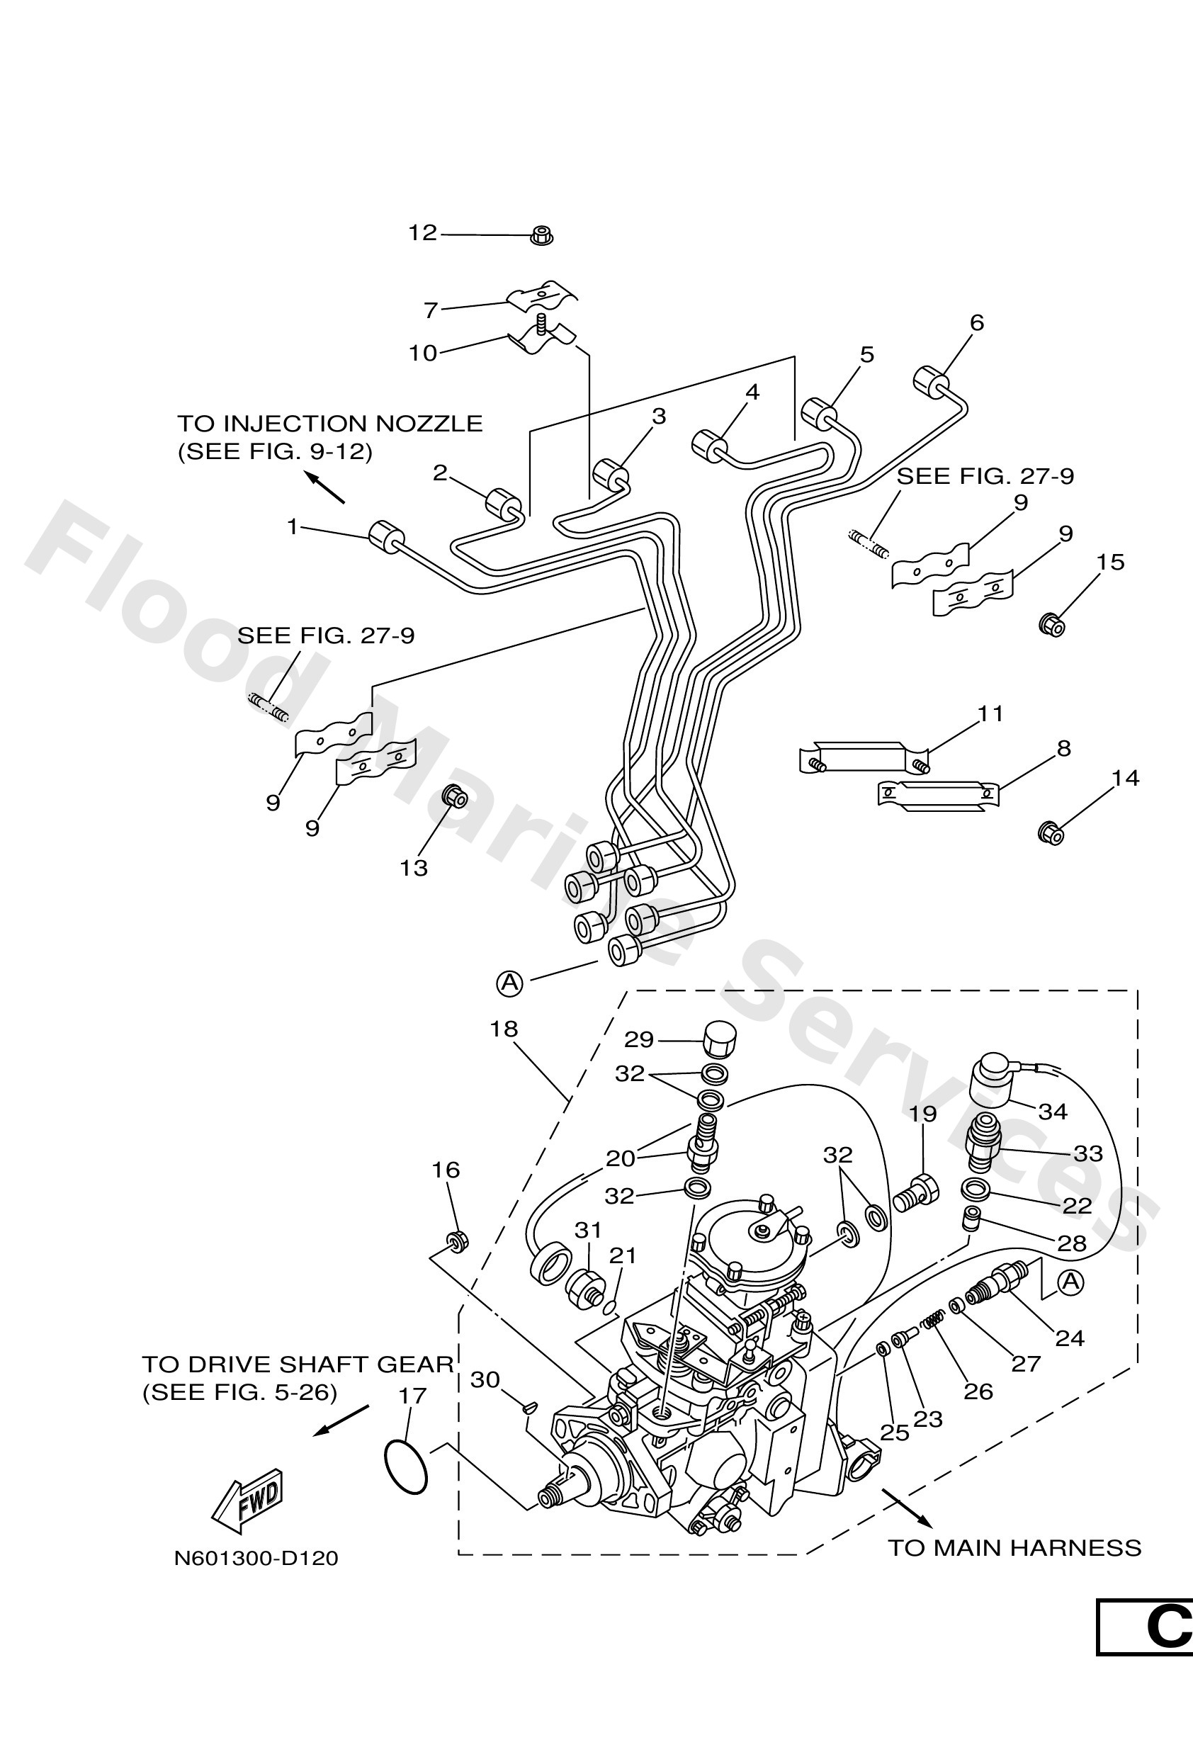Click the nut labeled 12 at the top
point(541,235)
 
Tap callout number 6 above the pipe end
point(977,323)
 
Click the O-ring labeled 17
point(405,1467)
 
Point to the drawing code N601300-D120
point(256,1558)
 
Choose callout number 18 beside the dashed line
point(504,1028)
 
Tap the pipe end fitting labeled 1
point(386,537)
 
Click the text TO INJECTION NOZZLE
point(329,424)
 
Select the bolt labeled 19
point(916,1197)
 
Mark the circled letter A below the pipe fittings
point(509,982)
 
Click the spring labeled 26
point(934,1318)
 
